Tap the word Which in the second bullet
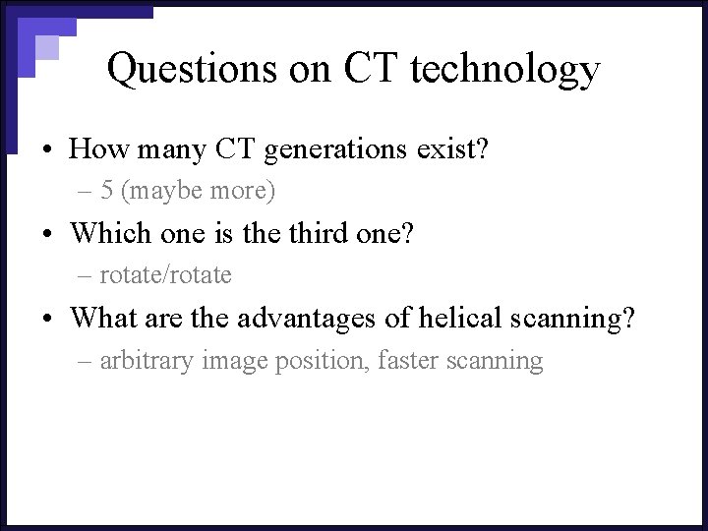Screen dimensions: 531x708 coord(104,233)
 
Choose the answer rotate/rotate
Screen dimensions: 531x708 coord(165,275)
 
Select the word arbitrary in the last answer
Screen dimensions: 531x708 coord(147,361)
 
